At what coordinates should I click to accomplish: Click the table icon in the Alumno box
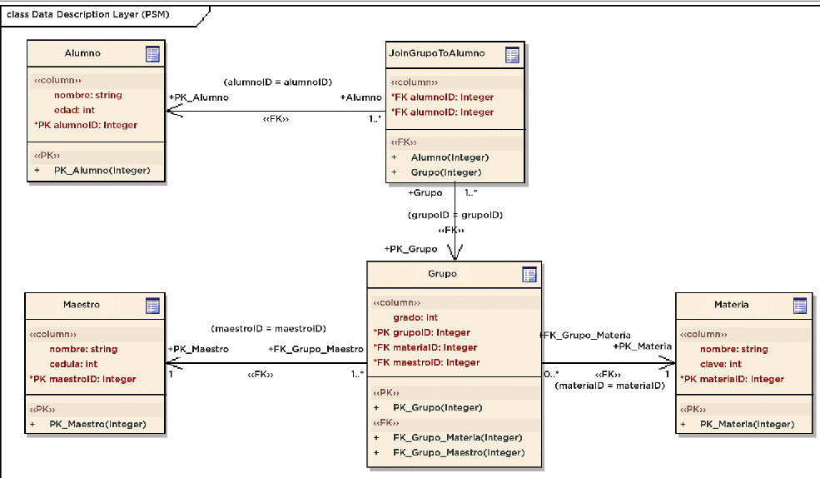[152, 54]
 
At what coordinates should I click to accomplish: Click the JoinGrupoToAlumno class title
[436, 54]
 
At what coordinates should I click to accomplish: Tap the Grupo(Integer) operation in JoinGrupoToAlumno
[445, 172]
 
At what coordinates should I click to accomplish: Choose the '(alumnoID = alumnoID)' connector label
[278, 82]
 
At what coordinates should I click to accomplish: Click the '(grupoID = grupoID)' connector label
[455, 215]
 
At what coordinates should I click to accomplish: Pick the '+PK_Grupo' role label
[410, 249]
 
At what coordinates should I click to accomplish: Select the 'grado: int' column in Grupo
[415, 317]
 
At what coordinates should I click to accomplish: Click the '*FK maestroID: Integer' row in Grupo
[426, 362]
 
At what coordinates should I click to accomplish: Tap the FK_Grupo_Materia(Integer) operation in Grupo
[458, 437]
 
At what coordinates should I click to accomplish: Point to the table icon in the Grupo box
[528, 275]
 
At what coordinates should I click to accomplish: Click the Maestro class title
[82, 305]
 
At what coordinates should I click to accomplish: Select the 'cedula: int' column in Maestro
[73, 364]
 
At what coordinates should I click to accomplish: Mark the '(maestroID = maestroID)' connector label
[268, 329]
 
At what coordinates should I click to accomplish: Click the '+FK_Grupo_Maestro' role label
[316, 349]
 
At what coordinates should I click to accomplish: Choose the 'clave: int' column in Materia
[721, 364]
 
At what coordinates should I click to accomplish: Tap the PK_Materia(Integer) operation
[747, 424]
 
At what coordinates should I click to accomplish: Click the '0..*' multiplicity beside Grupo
[551, 374]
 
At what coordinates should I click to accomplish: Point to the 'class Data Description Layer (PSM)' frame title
[87, 14]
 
